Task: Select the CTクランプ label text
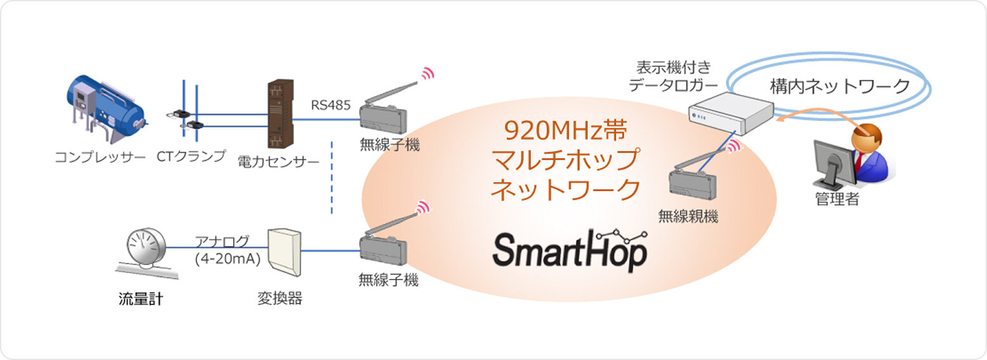point(191,155)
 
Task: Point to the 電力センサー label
point(278,161)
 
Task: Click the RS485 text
point(330,105)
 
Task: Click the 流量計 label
point(141,299)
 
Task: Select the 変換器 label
point(279,299)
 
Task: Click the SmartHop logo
point(570,250)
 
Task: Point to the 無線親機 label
point(687,217)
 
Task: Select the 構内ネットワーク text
point(840,86)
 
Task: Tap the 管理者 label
point(836,200)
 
